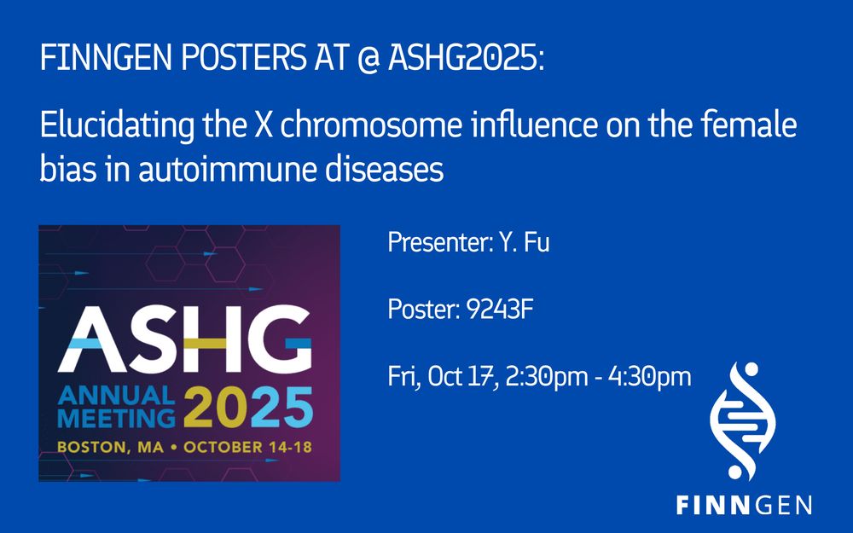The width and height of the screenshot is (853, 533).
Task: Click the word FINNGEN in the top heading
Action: tap(106, 57)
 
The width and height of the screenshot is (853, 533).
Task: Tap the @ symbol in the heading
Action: tap(368, 58)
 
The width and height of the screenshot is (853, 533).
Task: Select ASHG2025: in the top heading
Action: tap(467, 57)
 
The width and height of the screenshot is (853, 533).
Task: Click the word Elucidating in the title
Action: tap(117, 126)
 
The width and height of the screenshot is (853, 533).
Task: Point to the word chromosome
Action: tap(372, 125)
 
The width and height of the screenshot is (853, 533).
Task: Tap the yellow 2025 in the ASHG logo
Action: tap(248, 408)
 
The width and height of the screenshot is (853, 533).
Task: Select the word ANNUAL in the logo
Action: tap(116, 396)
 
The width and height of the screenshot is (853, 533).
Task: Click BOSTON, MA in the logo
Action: tap(110, 447)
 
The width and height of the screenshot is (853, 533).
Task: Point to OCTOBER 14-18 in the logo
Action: tap(247, 447)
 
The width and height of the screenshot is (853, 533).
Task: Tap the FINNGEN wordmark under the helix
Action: tap(744, 505)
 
